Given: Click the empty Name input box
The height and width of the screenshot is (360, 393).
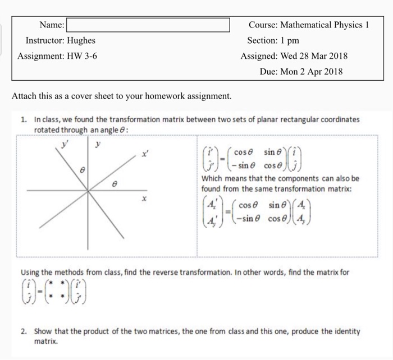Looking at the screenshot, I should [148, 25].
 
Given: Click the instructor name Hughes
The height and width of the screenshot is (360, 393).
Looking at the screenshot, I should [81, 41].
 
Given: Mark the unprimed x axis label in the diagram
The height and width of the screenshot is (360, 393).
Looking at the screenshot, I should [144, 199].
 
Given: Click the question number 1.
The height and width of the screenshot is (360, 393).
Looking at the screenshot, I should [23, 120].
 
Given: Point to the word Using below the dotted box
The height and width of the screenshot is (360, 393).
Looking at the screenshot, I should [31, 273].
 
